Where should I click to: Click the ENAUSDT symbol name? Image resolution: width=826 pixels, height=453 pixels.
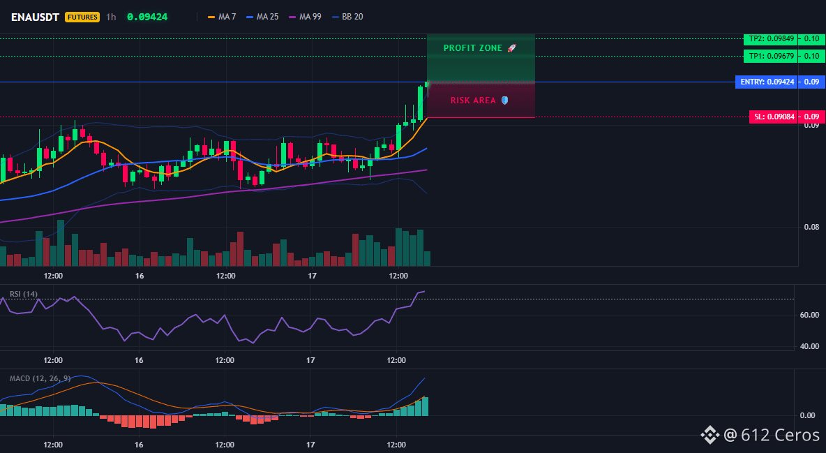pos(36,17)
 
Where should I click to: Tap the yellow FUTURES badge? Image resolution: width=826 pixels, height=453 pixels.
pos(82,17)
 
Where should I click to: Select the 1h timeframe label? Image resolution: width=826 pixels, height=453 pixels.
pos(111,17)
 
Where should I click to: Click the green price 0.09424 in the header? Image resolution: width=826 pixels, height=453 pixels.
pos(147,17)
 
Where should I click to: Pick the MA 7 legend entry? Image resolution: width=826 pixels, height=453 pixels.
pos(222,17)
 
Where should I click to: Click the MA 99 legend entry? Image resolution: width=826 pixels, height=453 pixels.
pos(305,17)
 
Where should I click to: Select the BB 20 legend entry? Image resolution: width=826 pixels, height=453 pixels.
pos(347,17)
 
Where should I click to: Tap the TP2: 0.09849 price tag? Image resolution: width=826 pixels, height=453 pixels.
pos(771,38)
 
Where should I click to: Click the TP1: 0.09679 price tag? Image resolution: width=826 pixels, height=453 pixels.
pos(771,56)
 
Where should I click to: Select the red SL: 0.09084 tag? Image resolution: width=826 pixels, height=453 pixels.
pos(773,117)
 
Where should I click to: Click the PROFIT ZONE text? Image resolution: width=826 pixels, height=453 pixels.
pos(473,48)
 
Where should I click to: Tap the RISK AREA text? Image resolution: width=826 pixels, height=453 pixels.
pos(473,101)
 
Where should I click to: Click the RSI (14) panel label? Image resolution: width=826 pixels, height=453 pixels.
pos(24,294)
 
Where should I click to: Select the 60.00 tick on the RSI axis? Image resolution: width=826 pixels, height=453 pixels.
pos(809,315)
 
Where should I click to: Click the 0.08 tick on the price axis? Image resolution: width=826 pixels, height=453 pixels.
pos(811,227)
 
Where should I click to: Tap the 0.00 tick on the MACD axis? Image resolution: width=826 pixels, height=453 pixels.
pos(808,415)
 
